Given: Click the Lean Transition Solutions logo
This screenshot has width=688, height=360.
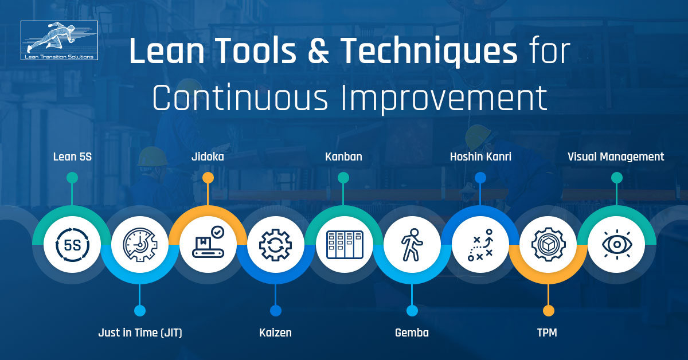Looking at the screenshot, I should point(59,40).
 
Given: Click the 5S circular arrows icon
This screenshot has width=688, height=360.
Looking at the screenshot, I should point(72,245).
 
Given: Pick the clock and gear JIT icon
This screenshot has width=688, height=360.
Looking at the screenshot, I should point(139,245).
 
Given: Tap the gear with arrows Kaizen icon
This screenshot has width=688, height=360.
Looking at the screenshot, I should point(275,245).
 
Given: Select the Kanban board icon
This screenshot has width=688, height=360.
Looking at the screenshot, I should point(343,245).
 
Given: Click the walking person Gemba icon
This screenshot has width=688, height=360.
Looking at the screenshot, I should point(412,245).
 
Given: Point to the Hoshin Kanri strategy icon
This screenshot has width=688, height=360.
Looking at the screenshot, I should point(480,245).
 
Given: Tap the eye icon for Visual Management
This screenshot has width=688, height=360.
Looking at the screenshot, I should point(616,245).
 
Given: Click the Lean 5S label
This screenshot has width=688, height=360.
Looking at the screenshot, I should point(72,156).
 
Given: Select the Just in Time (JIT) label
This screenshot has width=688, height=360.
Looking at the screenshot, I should point(140,332).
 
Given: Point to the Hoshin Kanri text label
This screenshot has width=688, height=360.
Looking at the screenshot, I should point(480,156).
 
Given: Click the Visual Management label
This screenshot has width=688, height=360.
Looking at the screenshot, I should point(616,156).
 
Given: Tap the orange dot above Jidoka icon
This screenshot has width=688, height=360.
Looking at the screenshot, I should point(208,178).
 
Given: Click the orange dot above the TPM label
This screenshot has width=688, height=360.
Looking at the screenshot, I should point(549,311).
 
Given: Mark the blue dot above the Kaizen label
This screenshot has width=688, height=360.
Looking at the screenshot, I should point(276,311).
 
